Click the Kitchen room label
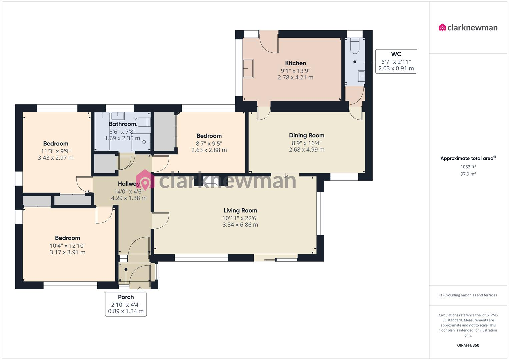point(295,63)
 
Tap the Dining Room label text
point(306,135)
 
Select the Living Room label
point(240,210)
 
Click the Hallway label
point(129,184)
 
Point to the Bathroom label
point(122,124)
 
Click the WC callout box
point(396,61)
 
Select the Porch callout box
point(126,304)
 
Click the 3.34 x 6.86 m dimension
point(240,225)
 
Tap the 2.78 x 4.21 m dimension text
point(295,77)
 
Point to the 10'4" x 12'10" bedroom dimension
point(67,246)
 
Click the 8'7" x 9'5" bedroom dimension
point(209,143)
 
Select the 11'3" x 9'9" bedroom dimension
point(56,151)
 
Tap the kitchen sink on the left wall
point(248,68)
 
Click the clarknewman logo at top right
point(468,28)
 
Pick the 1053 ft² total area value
point(468,167)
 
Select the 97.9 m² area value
point(468,174)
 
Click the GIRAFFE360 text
point(468,345)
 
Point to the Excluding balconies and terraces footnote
point(468,295)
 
